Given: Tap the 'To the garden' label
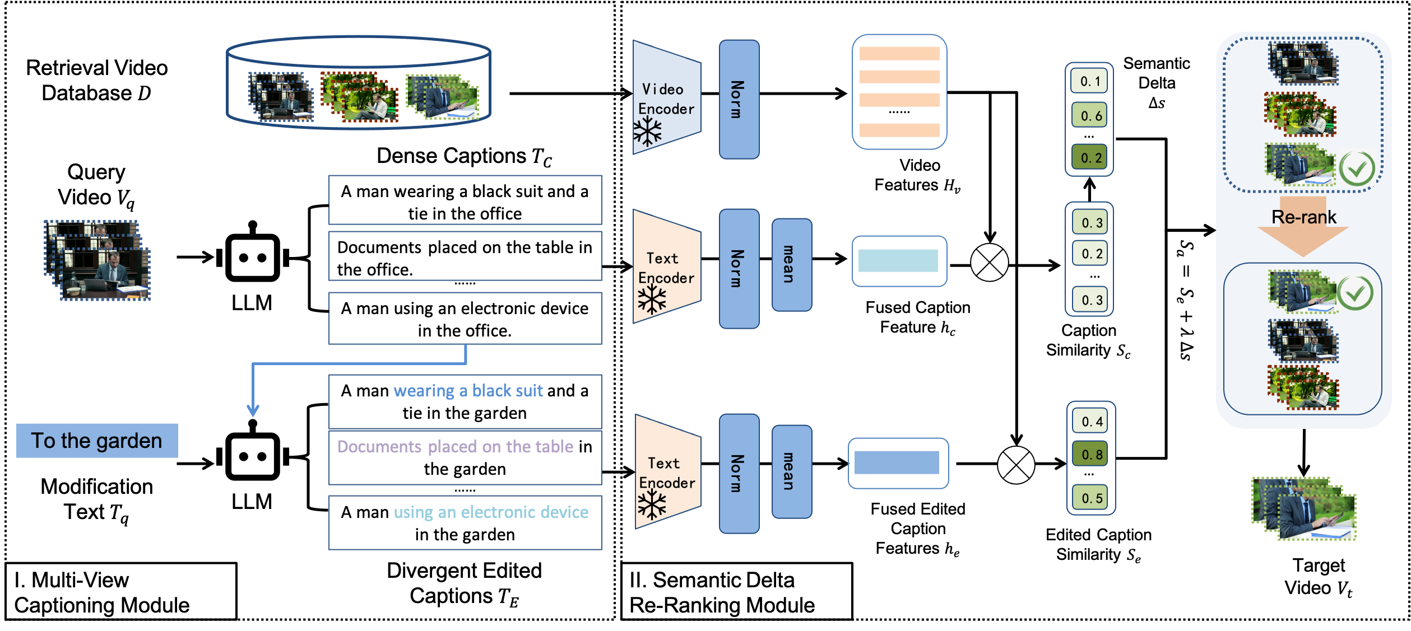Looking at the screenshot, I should click(x=97, y=441).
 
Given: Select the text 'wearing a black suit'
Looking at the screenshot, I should click(x=468, y=391).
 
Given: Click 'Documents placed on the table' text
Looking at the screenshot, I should click(x=455, y=447).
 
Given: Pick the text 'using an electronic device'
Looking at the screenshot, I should click(x=490, y=512).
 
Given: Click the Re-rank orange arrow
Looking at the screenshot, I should click(x=1303, y=227).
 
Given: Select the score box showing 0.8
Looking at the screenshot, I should click(x=1090, y=454).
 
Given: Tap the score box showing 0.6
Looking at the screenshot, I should click(x=1089, y=115).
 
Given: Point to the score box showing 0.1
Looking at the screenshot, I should click(x=1089, y=81).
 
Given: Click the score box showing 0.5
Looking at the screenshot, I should click(x=1090, y=498).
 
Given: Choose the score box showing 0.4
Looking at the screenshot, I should click(x=1090, y=421).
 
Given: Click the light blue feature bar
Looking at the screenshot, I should click(x=898, y=261).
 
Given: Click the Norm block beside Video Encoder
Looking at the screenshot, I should click(x=739, y=99).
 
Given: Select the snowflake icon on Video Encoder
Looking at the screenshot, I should click(x=648, y=132).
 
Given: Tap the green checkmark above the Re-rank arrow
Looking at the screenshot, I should click(x=1357, y=168).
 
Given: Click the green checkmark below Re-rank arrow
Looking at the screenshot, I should click(x=1355, y=292).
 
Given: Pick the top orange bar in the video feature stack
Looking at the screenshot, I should click(x=899, y=54).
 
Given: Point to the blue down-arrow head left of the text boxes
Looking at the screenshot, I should click(x=253, y=412).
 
